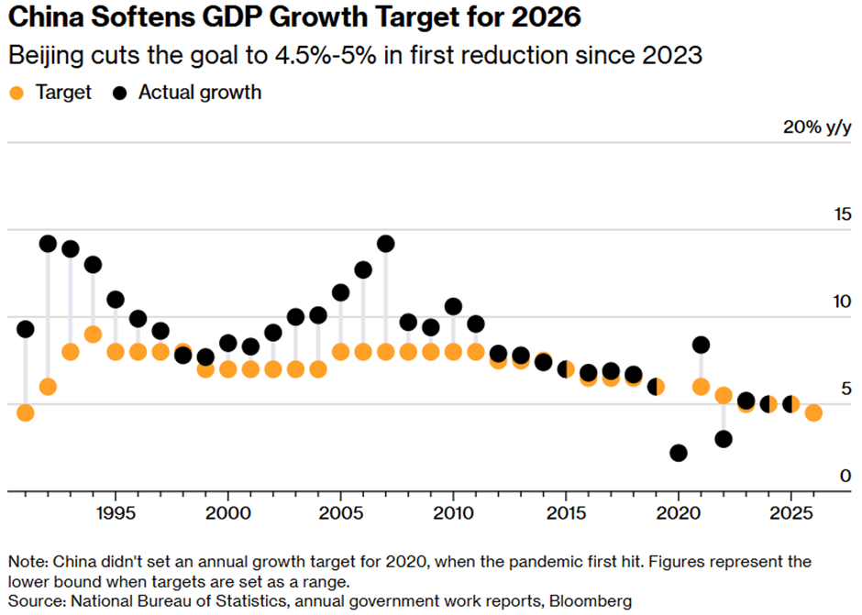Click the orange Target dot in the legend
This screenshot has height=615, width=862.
pyautogui.click(x=16, y=93)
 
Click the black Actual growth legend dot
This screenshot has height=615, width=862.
pyautogui.click(x=120, y=93)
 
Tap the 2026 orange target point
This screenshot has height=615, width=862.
pyautogui.click(x=813, y=412)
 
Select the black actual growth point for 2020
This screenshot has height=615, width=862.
pyautogui.click(x=679, y=453)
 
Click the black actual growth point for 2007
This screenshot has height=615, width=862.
pyautogui.click(x=385, y=244)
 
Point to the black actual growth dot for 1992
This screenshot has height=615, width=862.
pyautogui.click(x=48, y=244)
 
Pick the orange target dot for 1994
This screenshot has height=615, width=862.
pyautogui.click(x=93, y=334)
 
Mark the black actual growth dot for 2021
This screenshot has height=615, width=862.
pyautogui.click(x=701, y=345)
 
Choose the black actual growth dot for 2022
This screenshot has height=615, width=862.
pyautogui.click(x=724, y=439)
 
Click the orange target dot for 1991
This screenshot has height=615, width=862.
pyautogui.click(x=26, y=412)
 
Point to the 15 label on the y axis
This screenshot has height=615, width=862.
pyautogui.click(x=839, y=214)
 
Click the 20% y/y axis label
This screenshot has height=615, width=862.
pyautogui.click(x=817, y=127)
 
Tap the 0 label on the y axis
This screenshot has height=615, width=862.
pyautogui.click(x=845, y=476)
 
